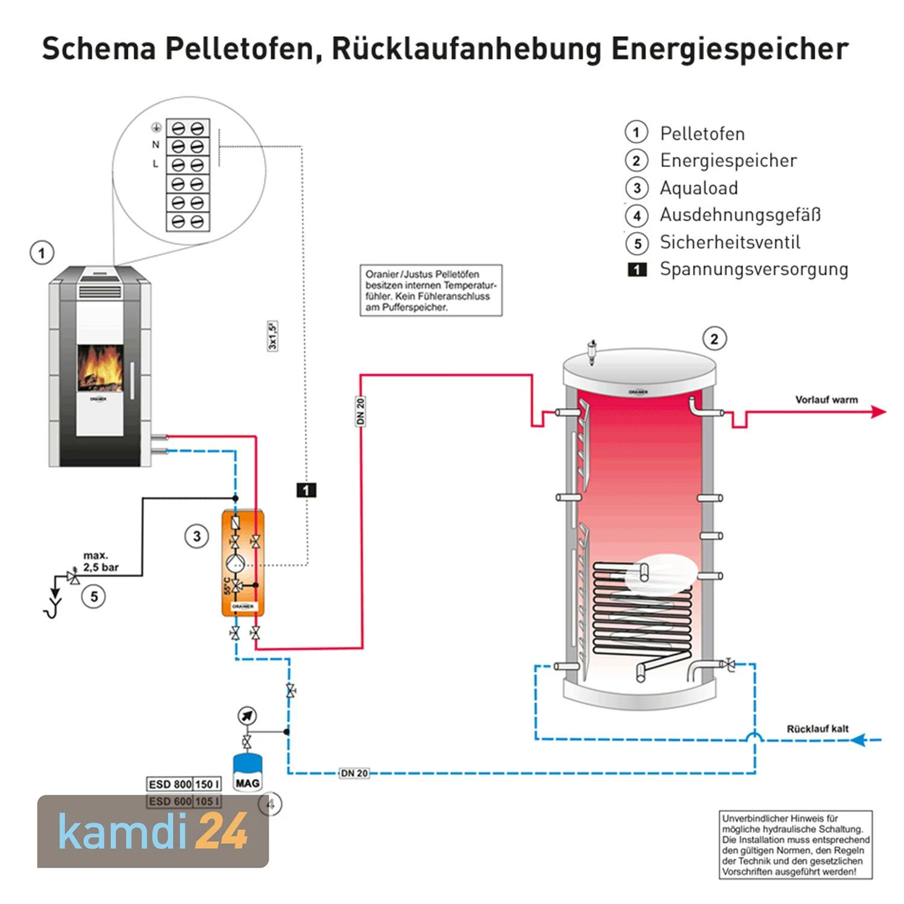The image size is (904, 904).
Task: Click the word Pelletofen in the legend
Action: (x=702, y=133)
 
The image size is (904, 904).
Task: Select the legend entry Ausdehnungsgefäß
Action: (x=740, y=215)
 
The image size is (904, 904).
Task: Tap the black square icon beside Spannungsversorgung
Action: (x=637, y=269)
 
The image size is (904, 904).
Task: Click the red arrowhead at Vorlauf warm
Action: (x=879, y=412)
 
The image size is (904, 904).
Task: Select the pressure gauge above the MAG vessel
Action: (x=247, y=716)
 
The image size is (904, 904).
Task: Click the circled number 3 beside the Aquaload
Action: (x=196, y=536)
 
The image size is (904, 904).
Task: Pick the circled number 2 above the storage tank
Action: (x=714, y=339)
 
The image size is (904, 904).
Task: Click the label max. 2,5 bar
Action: (x=101, y=561)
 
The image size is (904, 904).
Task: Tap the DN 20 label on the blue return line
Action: (x=354, y=773)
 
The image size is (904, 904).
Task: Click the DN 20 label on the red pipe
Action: (x=360, y=412)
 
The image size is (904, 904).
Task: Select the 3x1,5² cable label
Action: (x=272, y=336)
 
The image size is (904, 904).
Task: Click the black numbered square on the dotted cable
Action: (x=306, y=490)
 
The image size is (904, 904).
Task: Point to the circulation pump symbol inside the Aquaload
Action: (x=235, y=564)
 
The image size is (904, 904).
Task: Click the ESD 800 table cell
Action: (x=170, y=784)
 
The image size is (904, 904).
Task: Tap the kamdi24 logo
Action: (x=153, y=832)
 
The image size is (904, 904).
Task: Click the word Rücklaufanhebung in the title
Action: (x=466, y=49)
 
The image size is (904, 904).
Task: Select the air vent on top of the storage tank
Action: (x=592, y=350)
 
